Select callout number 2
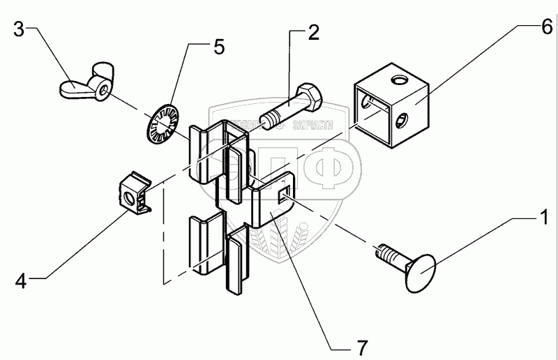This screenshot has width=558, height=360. click(x=314, y=32)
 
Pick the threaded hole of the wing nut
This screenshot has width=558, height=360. click(x=103, y=86)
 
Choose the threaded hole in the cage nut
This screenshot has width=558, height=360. click(x=129, y=199)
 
